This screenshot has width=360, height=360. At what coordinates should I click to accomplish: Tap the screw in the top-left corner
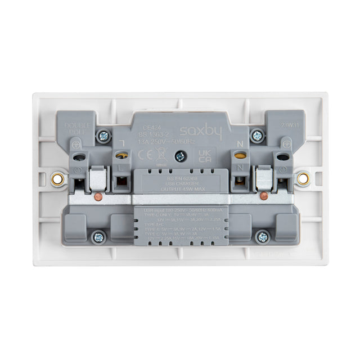(103, 136)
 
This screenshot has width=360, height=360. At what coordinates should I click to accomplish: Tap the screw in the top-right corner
(257, 136)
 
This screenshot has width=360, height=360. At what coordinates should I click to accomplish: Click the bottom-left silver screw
(100, 237)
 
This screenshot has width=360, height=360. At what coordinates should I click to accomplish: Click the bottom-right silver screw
(262, 237)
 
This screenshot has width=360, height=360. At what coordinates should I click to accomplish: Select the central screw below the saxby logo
(180, 157)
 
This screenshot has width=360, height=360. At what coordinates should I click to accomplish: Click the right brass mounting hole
(303, 179)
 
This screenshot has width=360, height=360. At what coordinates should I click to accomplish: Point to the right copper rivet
(262, 197)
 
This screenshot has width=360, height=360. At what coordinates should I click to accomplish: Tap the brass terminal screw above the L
(119, 155)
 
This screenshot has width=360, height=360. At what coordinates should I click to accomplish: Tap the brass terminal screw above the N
(240, 155)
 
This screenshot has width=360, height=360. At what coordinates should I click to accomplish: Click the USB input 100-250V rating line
(180, 209)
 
